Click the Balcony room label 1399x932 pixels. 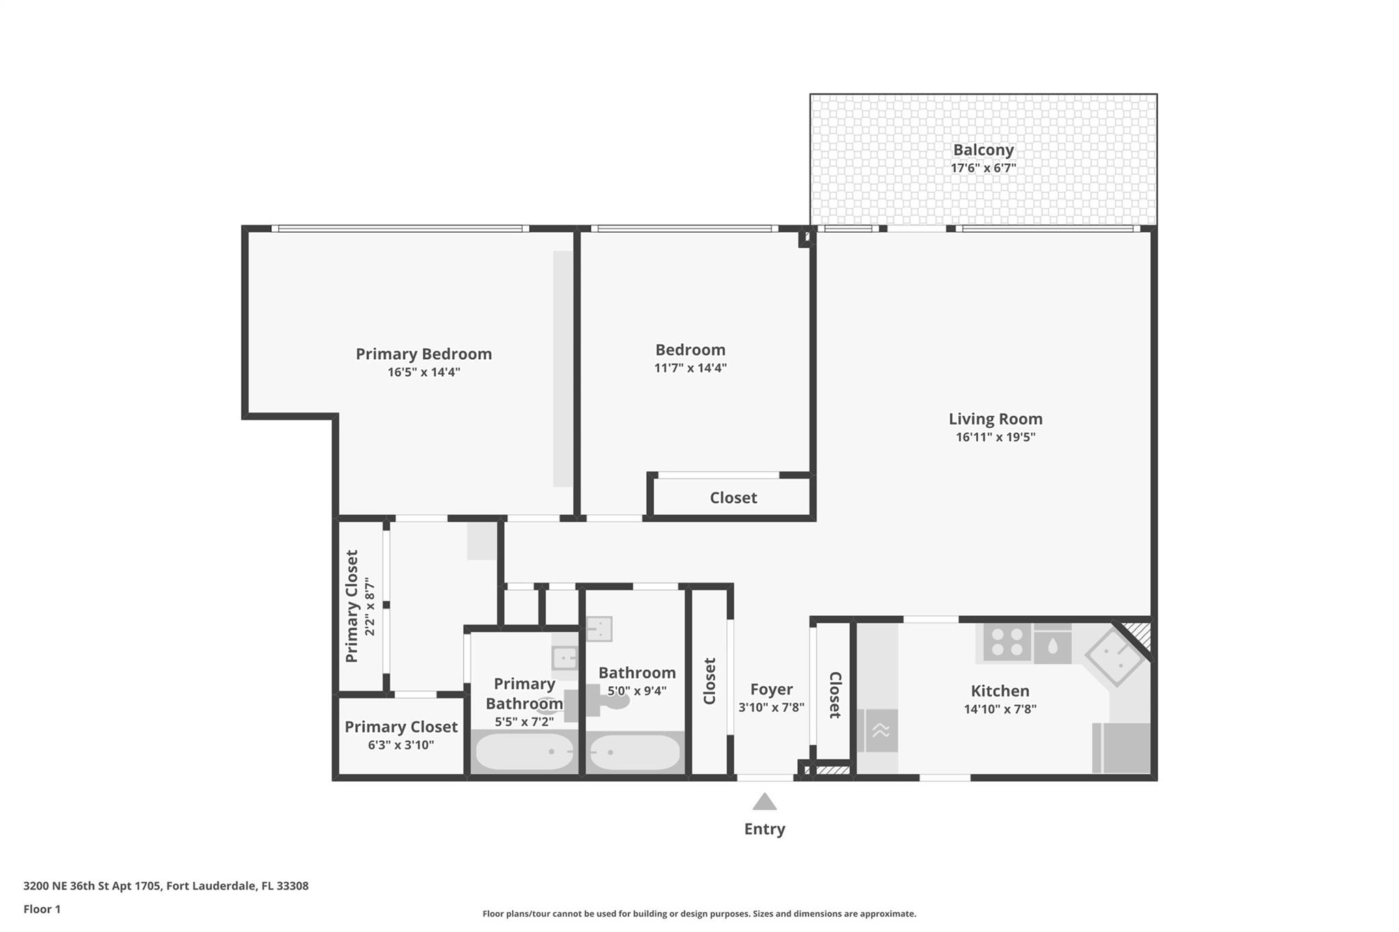(x=983, y=150)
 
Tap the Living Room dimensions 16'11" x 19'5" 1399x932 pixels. (x=995, y=437)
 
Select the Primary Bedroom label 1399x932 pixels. (x=424, y=354)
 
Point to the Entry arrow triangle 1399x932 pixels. (x=764, y=801)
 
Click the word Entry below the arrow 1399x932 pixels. (x=764, y=829)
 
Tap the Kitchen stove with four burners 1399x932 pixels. (x=1007, y=642)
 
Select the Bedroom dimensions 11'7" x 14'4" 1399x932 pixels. (x=690, y=368)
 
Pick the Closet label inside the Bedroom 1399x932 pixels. (x=733, y=498)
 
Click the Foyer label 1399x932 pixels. (x=771, y=690)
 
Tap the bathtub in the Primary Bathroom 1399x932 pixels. (x=525, y=752)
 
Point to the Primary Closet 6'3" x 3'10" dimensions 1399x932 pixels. (x=401, y=745)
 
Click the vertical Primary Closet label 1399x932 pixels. (x=352, y=606)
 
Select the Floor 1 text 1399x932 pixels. (x=42, y=909)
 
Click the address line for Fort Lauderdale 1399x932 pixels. (x=166, y=886)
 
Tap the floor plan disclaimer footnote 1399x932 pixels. (x=699, y=914)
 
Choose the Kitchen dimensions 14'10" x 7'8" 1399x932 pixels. (x=1000, y=709)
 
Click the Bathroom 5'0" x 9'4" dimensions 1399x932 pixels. (x=637, y=691)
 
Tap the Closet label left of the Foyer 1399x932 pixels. (x=709, y=681)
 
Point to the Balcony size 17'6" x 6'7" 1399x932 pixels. (x=983, y=168)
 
